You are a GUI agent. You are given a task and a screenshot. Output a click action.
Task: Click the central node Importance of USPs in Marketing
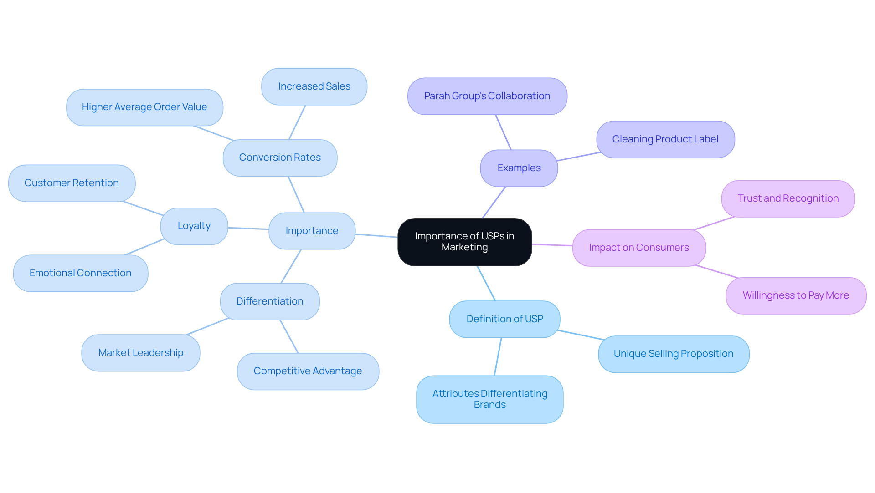[x=464, y=242]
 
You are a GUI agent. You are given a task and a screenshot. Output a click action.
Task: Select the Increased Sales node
[x=314, y=86]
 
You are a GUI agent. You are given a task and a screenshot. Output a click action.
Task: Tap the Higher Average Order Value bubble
[x=144, y=107]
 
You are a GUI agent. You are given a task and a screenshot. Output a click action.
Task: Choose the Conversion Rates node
[x=280, y=158]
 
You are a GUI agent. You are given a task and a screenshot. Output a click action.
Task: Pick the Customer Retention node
[x=72, y=183]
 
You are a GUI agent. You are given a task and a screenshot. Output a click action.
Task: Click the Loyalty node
[x=194, y=226]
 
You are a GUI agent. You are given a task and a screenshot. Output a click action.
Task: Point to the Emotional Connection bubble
[x=81, y=273]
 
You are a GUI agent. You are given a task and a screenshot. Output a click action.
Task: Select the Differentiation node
[x=270, y=301]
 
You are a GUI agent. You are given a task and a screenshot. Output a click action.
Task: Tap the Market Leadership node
[x=140, y=353]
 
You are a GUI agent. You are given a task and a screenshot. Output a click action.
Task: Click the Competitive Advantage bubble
[x=308, y=371]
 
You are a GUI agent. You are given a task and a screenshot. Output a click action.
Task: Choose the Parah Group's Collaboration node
[x=487, y=96]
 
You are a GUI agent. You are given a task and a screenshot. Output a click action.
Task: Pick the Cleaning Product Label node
[x=665, y=139]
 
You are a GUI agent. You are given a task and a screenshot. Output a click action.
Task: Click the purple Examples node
[x=519, y=168]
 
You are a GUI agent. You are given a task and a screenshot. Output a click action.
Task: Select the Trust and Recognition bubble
[x=788, y=198]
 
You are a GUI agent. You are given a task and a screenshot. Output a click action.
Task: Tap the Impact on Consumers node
[x=639, y=248]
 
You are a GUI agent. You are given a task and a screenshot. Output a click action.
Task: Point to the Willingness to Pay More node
[x=796, y=295]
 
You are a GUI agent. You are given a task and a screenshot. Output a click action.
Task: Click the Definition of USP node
[x=504, y=319]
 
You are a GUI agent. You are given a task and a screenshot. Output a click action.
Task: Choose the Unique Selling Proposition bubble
[x=673, y=354]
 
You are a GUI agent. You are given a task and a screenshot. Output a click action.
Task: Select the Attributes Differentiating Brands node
[x=489, y=399]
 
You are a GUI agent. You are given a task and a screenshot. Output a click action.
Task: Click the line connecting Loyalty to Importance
[x=248, y=228]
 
